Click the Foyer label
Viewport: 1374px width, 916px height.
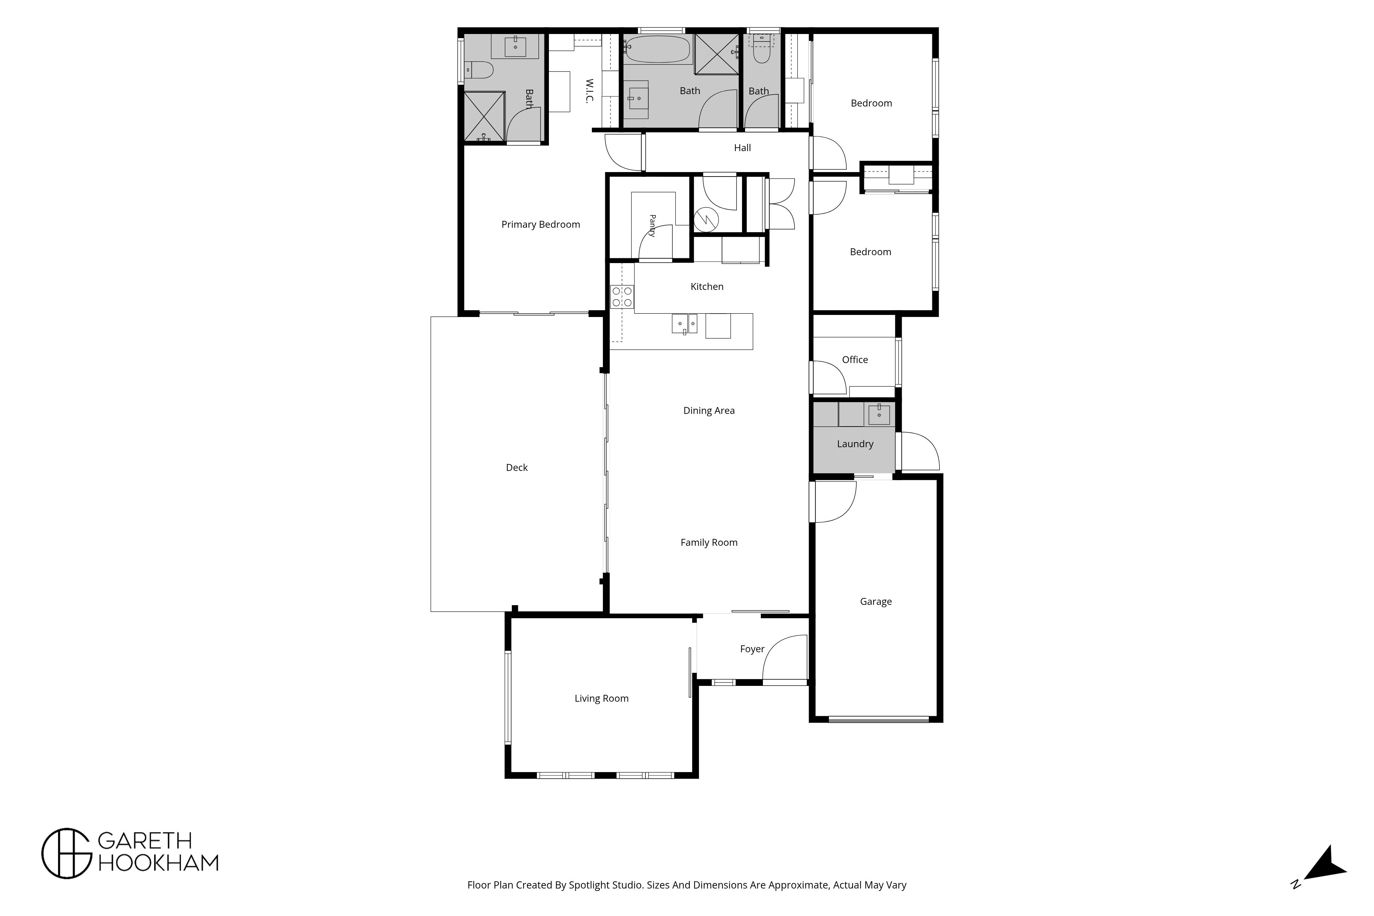point(752,649)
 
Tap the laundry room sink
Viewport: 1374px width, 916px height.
point(879,414)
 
